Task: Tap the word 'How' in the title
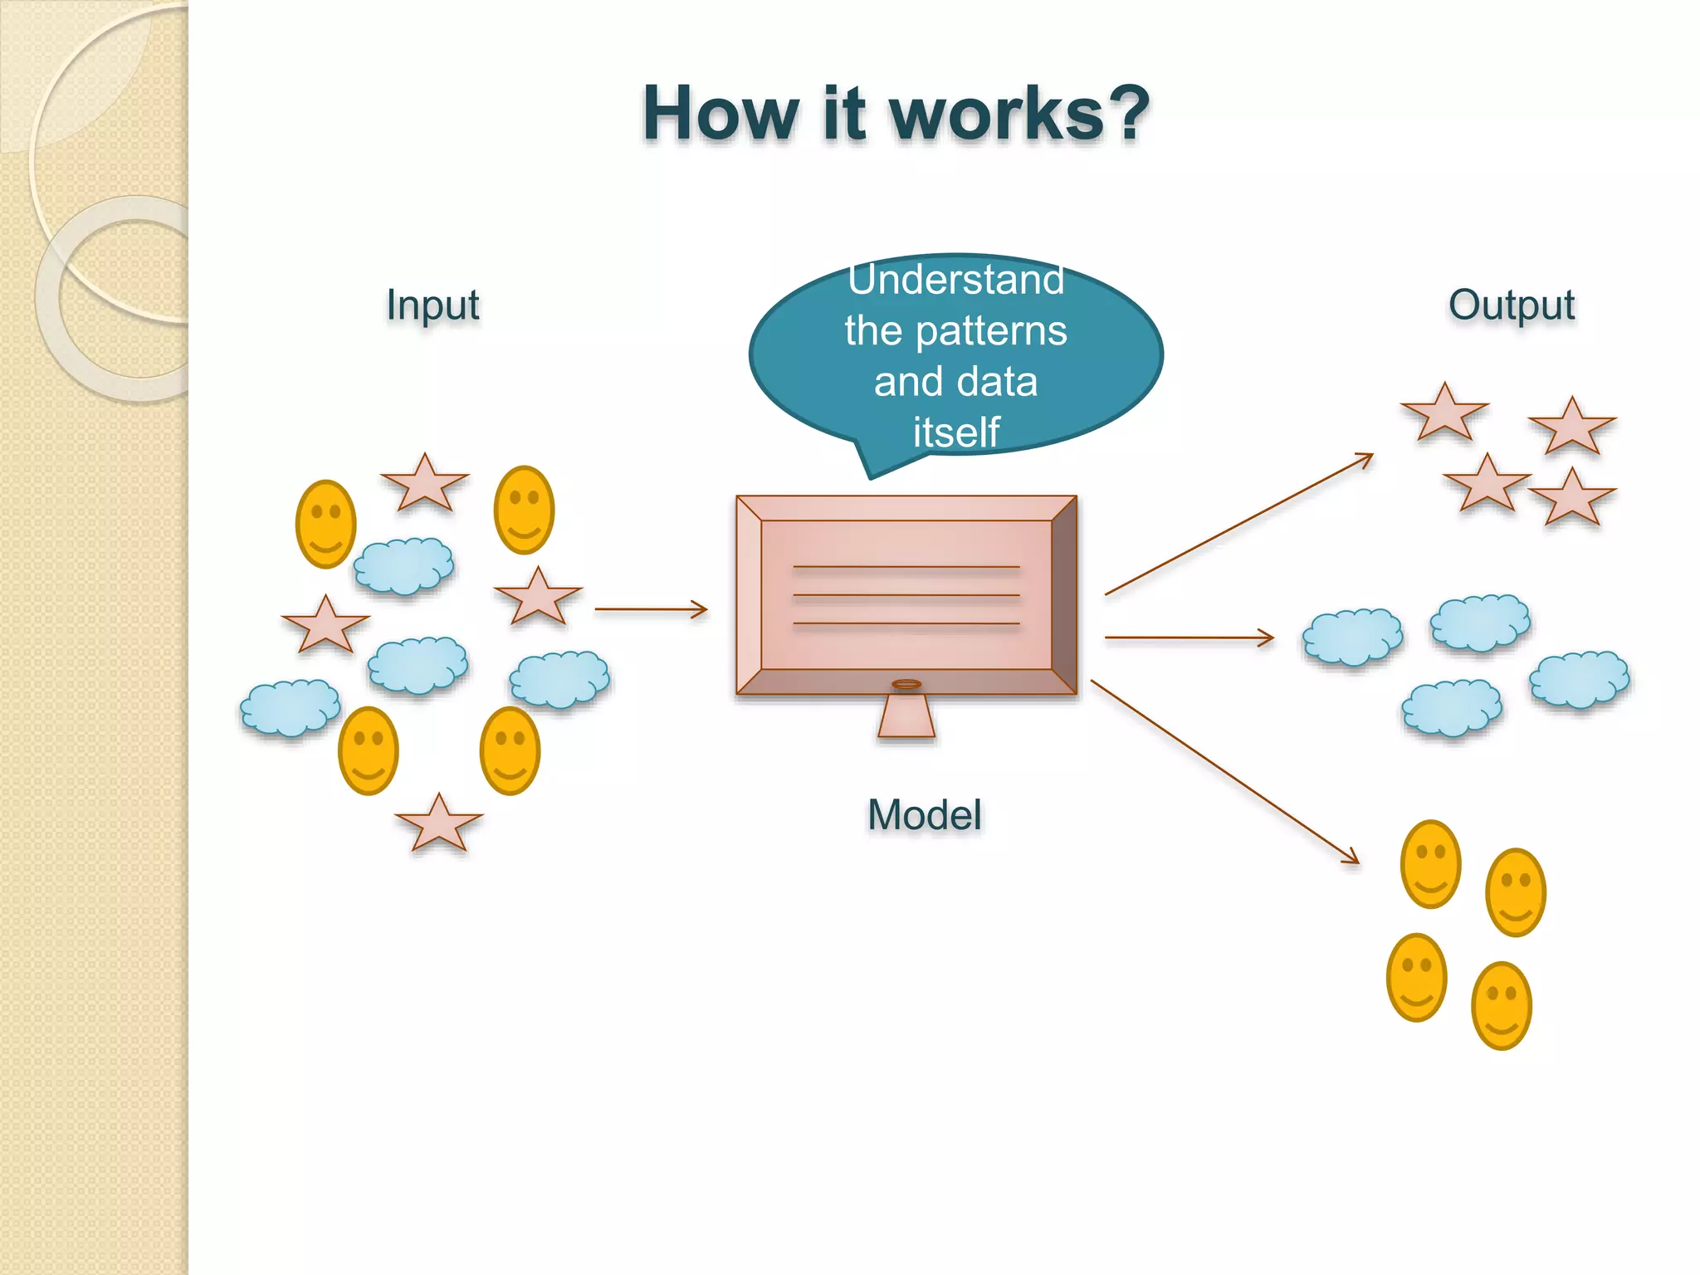[720, 114]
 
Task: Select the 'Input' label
[432, 305]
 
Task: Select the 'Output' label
[1511, 305]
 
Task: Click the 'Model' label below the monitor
[924, 814]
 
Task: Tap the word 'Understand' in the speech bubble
[955, 280]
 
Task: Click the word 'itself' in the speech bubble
[955, 432]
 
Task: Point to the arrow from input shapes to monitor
[651, 609]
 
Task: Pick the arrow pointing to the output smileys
[1224, 772]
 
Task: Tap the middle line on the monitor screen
[906, 595]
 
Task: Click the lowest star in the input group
[438, 824]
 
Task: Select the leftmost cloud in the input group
[290, 707]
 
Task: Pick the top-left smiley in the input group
[326, 524]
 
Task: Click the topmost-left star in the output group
[1444, 413]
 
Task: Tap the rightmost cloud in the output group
[1579, 679]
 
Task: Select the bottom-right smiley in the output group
[1501, 1005]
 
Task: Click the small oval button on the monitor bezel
[906, 684]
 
